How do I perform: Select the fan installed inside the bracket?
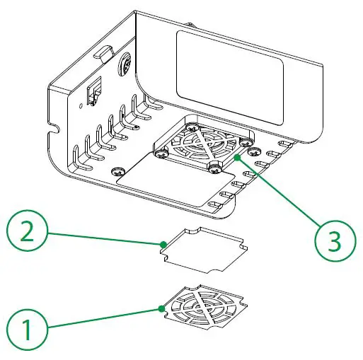203,145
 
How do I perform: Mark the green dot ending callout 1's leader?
161,308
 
